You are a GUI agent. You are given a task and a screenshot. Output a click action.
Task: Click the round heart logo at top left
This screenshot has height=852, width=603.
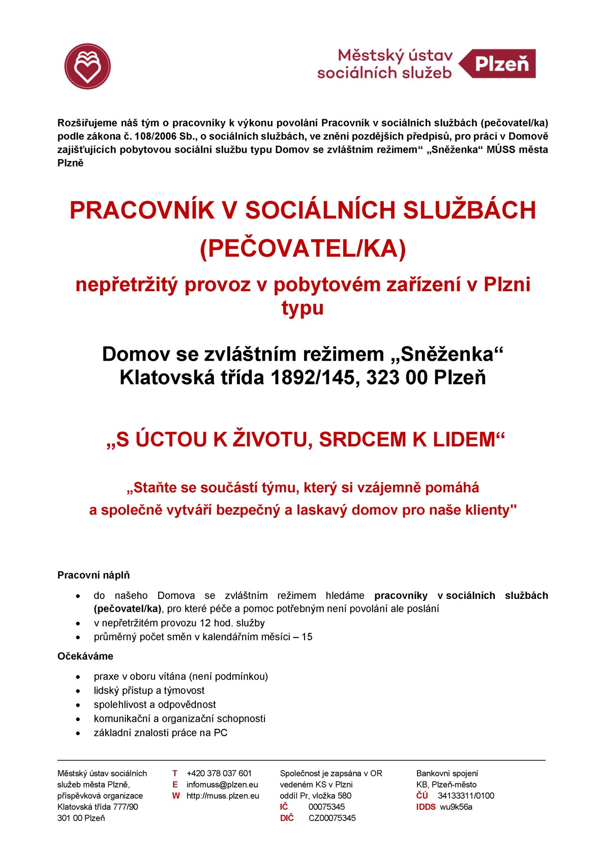click(x=87, y=66)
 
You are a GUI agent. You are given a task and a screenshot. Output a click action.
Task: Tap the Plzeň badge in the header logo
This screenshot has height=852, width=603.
click(x=501, y=64)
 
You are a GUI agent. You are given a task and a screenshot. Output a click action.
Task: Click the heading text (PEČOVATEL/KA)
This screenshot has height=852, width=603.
click(x=303, y=248)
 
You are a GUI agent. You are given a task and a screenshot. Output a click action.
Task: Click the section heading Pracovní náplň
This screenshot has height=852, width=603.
click(x=94, y=575)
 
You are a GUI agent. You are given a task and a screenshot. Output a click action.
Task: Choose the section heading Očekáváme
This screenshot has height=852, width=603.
click(x=85, y=656)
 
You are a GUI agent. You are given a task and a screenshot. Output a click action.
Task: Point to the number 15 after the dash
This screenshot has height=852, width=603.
click(x=307, y=637)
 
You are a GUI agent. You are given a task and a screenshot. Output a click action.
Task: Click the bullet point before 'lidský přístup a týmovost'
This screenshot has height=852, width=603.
click(x=78, y=691)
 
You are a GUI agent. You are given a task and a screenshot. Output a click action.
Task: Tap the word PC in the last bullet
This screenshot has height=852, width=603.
click(x=221, y=733)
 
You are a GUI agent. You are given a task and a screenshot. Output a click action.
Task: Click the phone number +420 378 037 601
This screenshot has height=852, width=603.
click(x=219, y=773)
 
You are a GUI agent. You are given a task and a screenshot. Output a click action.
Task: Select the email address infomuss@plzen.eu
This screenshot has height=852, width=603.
click(x=222, y=784)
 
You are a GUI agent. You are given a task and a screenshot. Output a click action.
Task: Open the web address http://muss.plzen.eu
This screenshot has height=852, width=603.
click(x=223, y=796)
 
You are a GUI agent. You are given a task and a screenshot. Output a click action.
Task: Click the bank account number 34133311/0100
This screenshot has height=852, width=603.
click(x=466, y=796)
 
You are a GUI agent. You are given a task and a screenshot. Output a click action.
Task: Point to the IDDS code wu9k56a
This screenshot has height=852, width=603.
click(x=456, y=807)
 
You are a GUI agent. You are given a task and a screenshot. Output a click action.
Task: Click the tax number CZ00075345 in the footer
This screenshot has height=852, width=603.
click(x=332, y=818)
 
